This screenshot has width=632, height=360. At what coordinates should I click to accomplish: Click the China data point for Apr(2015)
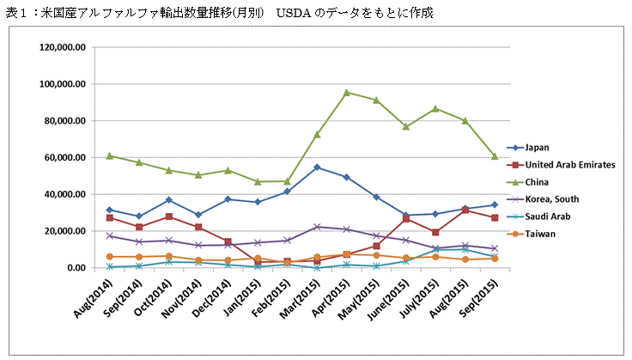pyautogui.click(x=347, y=93)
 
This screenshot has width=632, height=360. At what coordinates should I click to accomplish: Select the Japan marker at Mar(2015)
pyautogui.click(x=317, y=167)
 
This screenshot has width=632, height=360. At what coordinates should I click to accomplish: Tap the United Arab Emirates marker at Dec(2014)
pyautogui.click(x=228, y=241)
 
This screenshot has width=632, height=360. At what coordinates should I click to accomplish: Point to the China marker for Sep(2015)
pyautogui.click(x=495, y=156)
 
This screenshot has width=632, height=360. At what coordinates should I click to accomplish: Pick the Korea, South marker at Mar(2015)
pyautogui.click(x=317, y=227)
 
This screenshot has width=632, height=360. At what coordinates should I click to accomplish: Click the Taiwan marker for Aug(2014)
pyautogui.click(x=110, y=257)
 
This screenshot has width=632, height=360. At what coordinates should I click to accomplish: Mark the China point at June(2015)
pyautogui.click(x=406, y=126)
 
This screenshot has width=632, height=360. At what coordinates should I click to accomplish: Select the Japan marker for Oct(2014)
pyautogui.click(x=169, y=200)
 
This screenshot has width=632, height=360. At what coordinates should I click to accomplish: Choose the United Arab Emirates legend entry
pyautogui.click(x=561, y=165)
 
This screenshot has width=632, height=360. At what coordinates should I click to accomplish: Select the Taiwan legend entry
pyautogui.click(x=531, y=235)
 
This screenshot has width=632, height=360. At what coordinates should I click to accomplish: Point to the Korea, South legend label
pyautogui.click(x=552, y=199)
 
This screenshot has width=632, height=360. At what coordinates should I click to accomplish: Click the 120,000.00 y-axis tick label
pyautogui.click(x=63, y=47)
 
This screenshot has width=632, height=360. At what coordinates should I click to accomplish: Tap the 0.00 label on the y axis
pyautogui.click(x=76, y=268)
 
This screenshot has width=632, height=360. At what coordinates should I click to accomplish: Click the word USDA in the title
pyautogui.click(x=294, y=13)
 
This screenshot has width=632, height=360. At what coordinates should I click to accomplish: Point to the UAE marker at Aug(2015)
pyautogui.click(x=465, y=210)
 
